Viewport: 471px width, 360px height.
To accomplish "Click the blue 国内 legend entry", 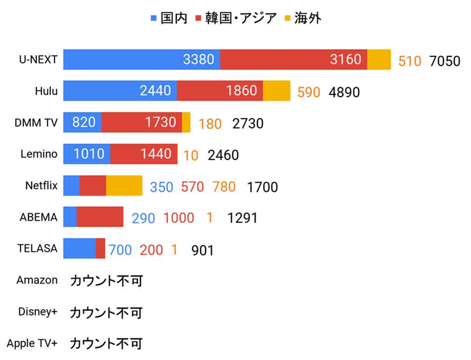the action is [169, 18].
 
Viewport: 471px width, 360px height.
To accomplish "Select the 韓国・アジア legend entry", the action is [236, 18].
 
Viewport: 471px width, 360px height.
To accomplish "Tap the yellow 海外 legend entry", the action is [303, 18].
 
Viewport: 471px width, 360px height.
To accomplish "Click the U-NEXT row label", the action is [38, 60].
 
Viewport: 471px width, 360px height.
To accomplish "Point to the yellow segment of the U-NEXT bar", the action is [379, 60].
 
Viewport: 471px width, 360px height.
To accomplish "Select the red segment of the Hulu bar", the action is [220, 91].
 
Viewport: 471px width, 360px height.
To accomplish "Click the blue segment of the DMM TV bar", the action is [82, 122].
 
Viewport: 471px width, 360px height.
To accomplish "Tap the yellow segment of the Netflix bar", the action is [124, 186].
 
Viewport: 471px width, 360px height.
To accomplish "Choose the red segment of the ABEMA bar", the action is [100, 217].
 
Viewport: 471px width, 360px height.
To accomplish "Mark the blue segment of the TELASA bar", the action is [80, 248].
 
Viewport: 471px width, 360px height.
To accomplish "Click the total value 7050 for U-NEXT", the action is [444, 61].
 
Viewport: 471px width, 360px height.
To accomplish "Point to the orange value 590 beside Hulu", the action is [309, 93].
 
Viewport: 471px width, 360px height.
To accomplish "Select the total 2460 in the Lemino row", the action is [223, 155].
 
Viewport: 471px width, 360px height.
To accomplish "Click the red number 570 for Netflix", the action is [193, 187].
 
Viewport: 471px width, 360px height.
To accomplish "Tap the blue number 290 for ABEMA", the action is [143, 218].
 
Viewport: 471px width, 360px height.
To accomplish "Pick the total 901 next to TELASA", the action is [202, 250].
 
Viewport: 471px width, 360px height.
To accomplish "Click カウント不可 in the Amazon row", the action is [106, 281].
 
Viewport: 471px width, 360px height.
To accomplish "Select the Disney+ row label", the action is [38, 312].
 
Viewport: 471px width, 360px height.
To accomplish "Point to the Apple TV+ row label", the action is [32, 343].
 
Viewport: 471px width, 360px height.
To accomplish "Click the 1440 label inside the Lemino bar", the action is [156, 154].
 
